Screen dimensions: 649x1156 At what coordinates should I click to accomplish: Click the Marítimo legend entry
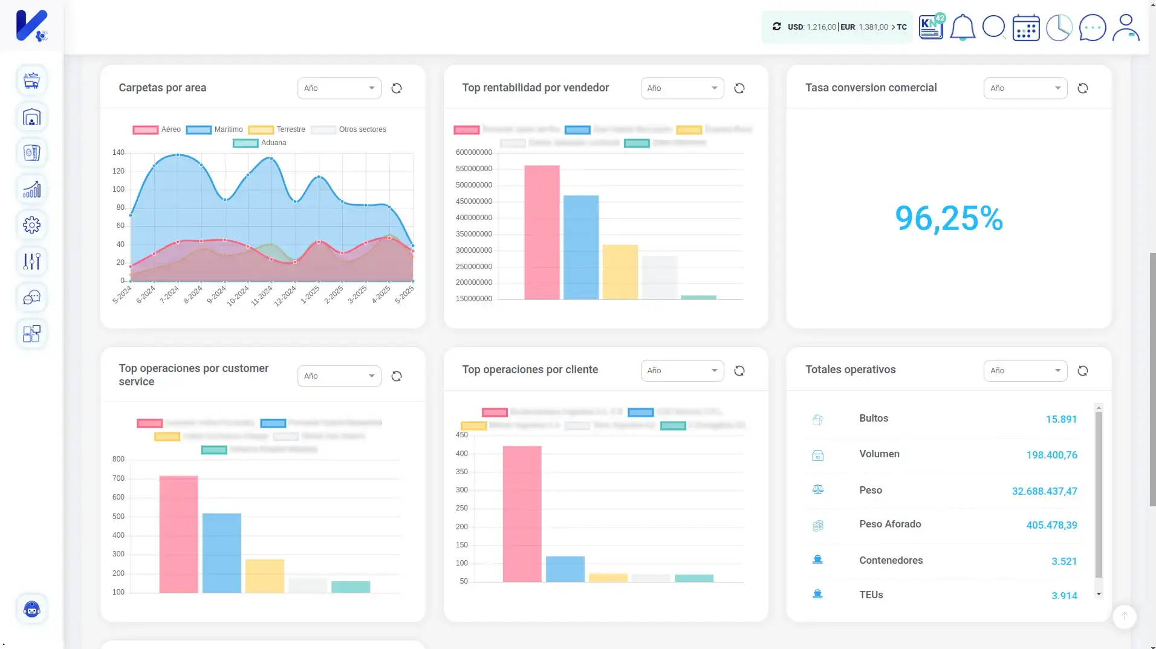[x=228, y=129]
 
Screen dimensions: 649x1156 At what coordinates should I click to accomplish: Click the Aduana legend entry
[x=273, y=143]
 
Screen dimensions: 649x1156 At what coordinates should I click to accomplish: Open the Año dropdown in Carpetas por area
[x=339, y=88]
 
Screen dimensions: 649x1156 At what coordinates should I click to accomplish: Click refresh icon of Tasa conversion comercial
[x=1082, y=88]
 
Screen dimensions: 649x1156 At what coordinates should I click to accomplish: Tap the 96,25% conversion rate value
[x=948, y=218]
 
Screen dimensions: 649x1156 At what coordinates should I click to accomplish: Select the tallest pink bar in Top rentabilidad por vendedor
[x=541, y=232]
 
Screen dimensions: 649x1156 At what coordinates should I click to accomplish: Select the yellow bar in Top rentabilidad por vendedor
[x=620, y=272]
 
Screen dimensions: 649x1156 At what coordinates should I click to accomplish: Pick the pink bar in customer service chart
[x=178, y=534]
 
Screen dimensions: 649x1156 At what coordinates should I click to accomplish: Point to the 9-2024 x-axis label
[x=216, y=294]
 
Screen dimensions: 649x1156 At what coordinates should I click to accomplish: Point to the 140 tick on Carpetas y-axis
[x=118, y=152]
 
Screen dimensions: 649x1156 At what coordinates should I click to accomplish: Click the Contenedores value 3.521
[x=1063, y=561]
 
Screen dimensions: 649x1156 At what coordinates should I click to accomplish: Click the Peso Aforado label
[x=889, y=524]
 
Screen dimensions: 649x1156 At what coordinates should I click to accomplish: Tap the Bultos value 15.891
[x=1060, y=419]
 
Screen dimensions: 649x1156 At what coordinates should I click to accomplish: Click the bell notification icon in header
[x=962, y=27]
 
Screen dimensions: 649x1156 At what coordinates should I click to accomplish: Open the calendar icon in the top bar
[x=1025, y=27]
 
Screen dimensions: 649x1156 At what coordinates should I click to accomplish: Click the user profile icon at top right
[x=1125, y=27]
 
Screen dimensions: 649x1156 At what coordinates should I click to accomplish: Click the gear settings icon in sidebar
[x=31, y=225]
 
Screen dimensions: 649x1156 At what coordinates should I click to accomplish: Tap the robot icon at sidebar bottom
[x=31, y=609]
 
